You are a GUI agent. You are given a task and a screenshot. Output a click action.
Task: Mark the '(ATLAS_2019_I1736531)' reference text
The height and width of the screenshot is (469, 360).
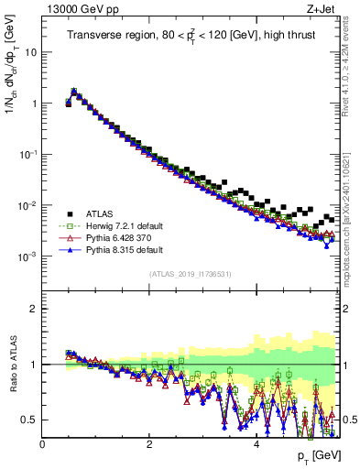pyautogui.click(x=190, y=274)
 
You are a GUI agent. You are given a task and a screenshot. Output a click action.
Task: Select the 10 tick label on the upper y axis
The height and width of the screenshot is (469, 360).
pyautogui.click(x=30, y=52)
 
